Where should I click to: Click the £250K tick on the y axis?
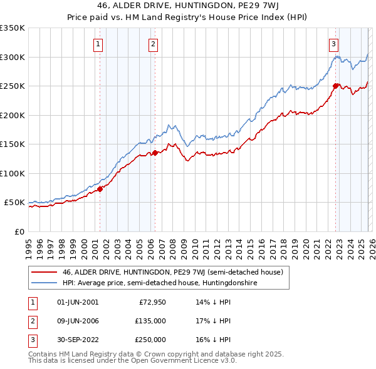[x=13, y=86]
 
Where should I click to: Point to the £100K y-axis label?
[x=13, y=173]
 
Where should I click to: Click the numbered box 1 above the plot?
[x=99, y=44]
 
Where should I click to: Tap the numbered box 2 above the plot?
[x=154, y=44]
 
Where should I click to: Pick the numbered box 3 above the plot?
[x=334, y=44]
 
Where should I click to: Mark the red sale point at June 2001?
[x=100, y=189]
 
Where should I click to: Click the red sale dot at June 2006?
[x=155, y=152]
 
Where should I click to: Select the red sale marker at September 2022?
[x=335, y=86]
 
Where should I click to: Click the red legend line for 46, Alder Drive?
[x=44, y=272]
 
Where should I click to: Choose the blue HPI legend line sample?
[x=44, y=283]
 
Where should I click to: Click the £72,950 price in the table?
[x=152, y=302]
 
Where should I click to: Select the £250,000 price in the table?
[x=150, y=340]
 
